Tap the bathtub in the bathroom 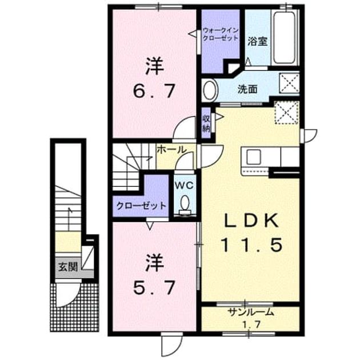pyautogui.click(x=285, y=38)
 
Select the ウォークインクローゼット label pyautogui.click(x=221, y=34)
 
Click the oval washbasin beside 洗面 pyautogui.click(x=210, y=90)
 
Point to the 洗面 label pyautogui.click(x=247, y=89)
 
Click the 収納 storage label pyautogui.click(x=206, y=123)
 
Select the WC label pyautogui.click(x=185, y=185)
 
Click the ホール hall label pyautogui.click(x=171, y=150)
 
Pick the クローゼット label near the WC pyautogui.click(x=141, y=206)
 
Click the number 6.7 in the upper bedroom pyautogui.click(x=154, y=91)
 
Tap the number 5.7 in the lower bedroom pyautogui.click(x=154, y=287)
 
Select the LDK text pyautogui.click(x=251, y=221)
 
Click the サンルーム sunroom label pyautogui.click(x=251, y=312)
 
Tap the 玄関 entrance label pyautogui.click(x=68, y=267)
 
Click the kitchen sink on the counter pyautogui.click(x=253, y=157)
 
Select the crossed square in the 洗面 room pyautogui.click(x=289, y=83)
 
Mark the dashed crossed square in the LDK pyautogui.click(x=287, y=113)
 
